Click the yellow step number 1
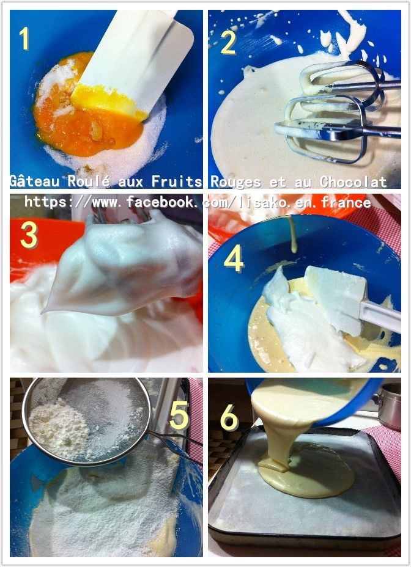tap(24, 38)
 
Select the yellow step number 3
tap(29, 235)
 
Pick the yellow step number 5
tap(179, 415)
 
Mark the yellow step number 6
tap(229, 418)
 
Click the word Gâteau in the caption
tap(34, 181)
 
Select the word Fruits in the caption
tap(176, 181)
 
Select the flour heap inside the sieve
tap(58, 430)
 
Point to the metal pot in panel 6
tap(388, 406)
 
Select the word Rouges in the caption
tap(235, 181)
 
